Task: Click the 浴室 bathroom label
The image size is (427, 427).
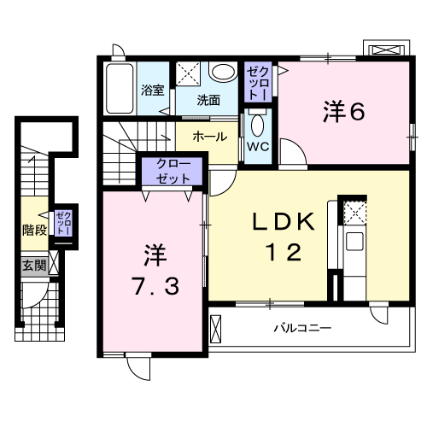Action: coord(152,89)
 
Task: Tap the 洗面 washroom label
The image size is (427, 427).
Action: coord(208,100)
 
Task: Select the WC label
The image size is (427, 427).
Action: coord(257,145)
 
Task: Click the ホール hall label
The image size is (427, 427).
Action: coord(209,137)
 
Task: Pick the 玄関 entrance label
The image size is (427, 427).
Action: coord(34,266)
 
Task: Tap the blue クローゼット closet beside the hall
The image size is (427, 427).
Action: coord(173,171)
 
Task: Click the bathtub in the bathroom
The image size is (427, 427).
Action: coord(119,89)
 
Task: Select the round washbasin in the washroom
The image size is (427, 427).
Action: coord(223,73)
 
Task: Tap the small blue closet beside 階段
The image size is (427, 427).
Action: coord(63,224)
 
